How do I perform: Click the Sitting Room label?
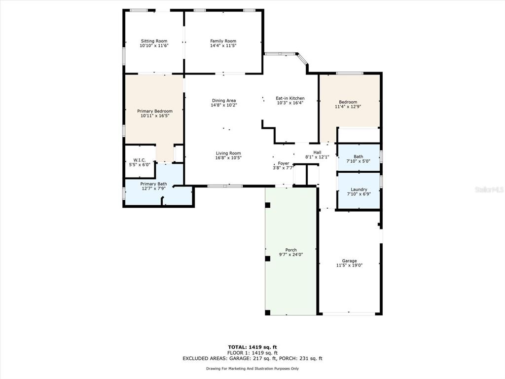[154, 41]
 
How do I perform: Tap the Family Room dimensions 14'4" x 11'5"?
[223, 46]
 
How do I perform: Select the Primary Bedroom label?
[155, 111]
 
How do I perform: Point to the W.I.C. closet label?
[140, 160]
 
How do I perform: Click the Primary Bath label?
[154, 184]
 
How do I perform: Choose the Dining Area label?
[224, 101]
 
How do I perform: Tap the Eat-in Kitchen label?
[290, 98]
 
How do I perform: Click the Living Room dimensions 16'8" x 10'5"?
[228, 158]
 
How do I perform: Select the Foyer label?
[284, 163]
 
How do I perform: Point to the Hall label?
[317, 152]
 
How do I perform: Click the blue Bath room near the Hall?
[359, 157]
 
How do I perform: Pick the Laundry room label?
[359, 189]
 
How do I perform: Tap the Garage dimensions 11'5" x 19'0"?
[350, 265]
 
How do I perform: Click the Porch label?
[291, 250]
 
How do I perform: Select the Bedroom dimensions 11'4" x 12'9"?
[348, 107]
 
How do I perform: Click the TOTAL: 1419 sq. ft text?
[252, 347]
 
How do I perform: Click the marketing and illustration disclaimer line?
[252, 368]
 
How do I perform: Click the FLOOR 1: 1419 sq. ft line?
[252, 353]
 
